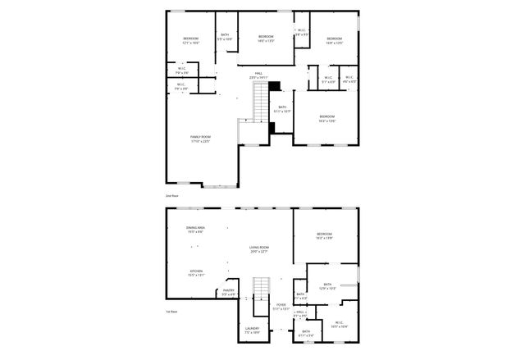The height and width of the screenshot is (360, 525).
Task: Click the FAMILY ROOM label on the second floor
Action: click(x=200, y=139)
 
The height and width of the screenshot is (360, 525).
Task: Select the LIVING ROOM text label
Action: click(x=259, y=249)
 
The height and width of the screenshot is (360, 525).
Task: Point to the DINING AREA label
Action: click(x=195, y=230)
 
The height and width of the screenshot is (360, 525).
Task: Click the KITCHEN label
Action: click(x=197, y=273)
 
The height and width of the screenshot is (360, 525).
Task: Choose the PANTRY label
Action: click(x=228, y=291)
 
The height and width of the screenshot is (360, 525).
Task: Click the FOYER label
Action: click(x=281, y=307)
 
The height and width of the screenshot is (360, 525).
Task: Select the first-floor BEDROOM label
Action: click(x=325, y=237)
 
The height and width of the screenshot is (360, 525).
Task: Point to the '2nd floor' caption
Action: click(x=172, y=197)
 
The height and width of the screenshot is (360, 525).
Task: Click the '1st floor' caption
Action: click(x=172, y=312)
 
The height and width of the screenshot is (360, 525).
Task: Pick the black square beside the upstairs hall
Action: click(x=275, y=85)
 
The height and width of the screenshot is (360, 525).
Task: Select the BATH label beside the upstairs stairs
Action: click(x=282, y=109)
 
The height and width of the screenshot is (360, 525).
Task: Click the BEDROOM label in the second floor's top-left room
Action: click(x=190, y=40)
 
